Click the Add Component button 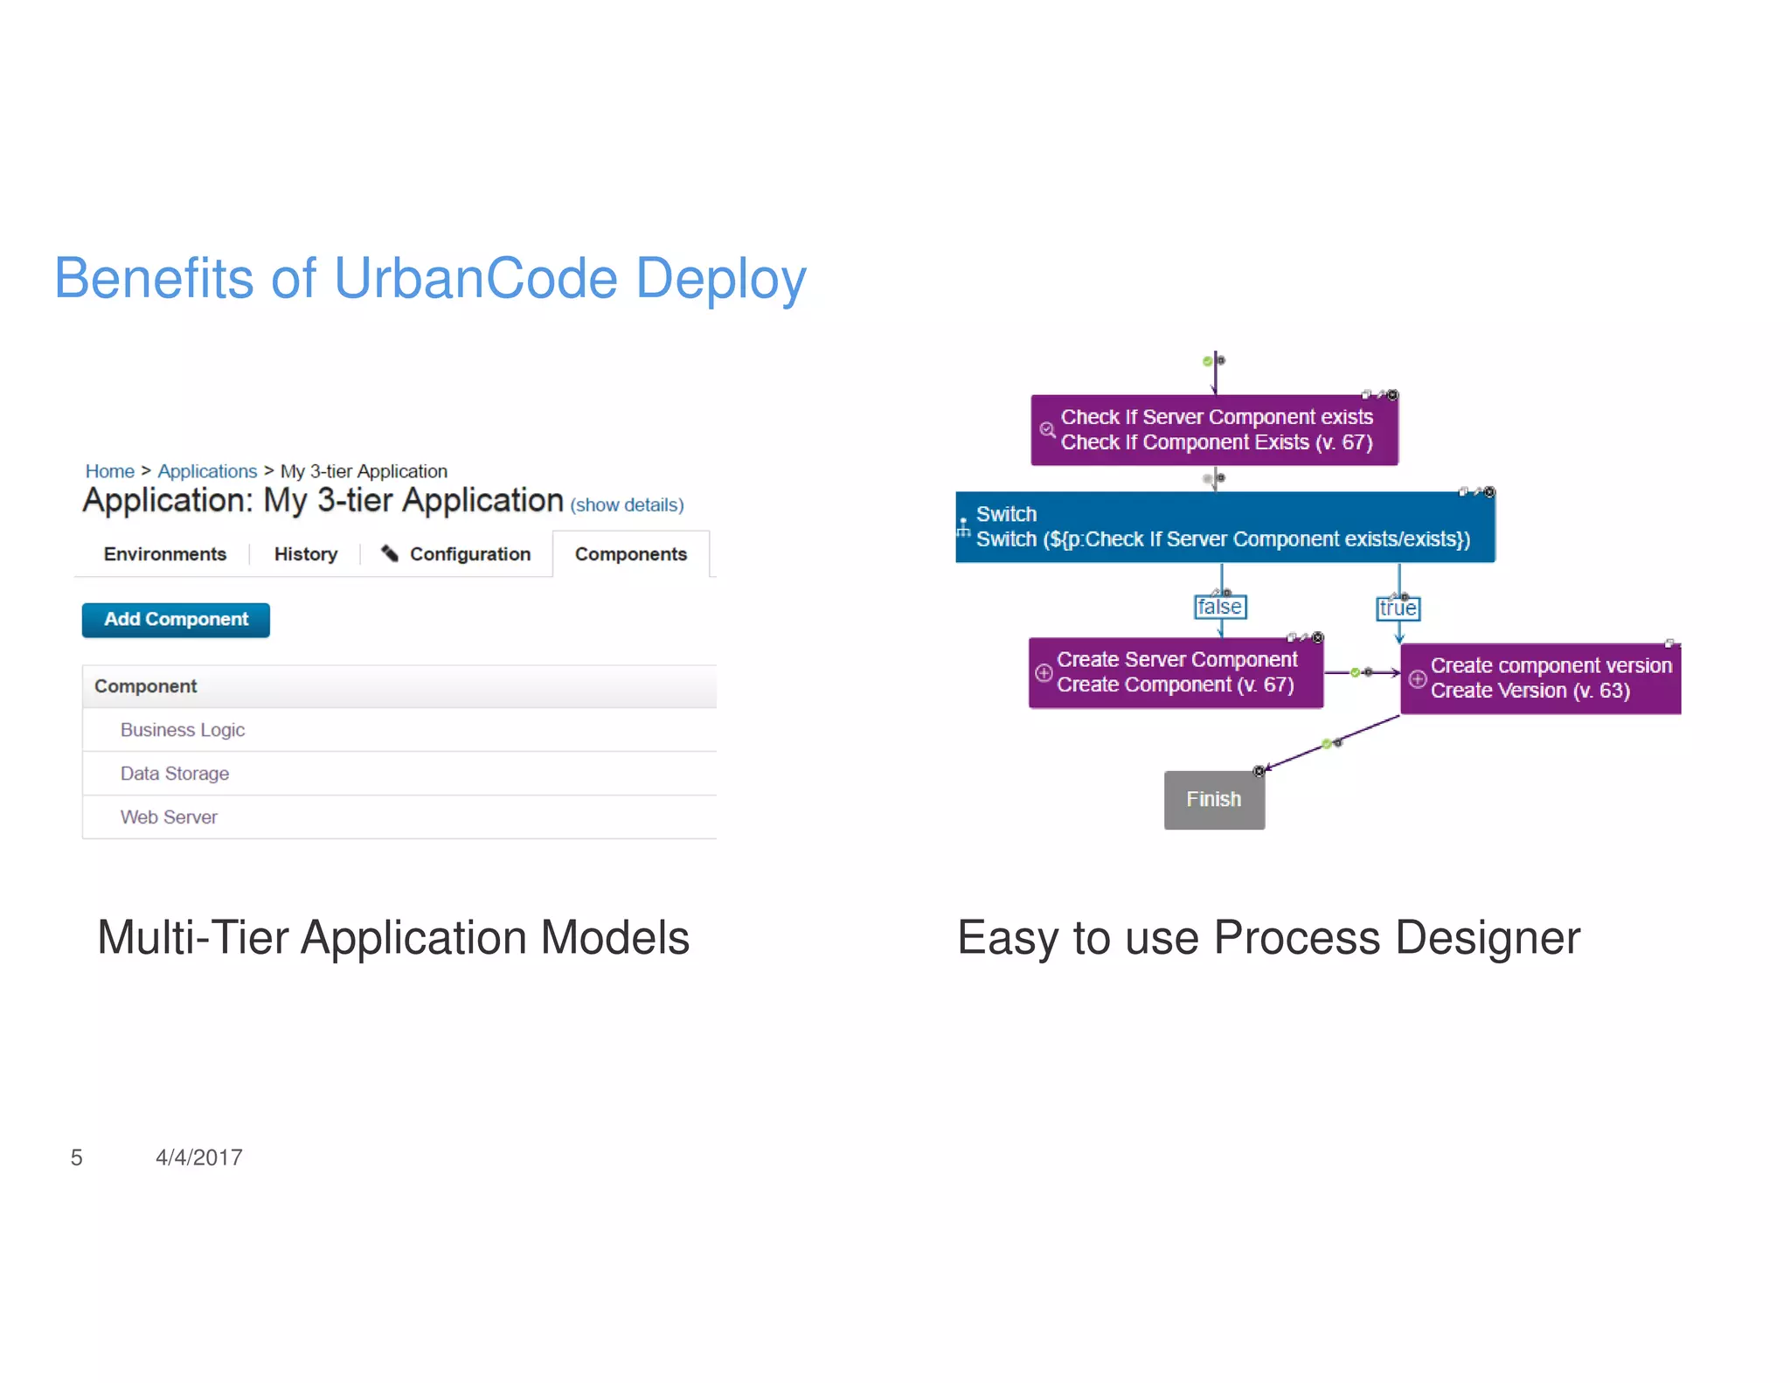pos(176,620)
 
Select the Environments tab pos(164,554)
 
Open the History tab pos(305,554)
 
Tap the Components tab pos(630,554)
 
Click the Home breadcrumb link pos(109,471)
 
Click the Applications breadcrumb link pos(207,471)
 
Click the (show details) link pos(627,505)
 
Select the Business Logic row pos(183,730)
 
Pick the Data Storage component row pos(175,774)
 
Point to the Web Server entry pos(169,817)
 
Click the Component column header pos(146,686)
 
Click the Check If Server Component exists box pos(1214,430)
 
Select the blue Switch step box pos(1225,527)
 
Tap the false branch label pos(1219,607)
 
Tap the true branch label pos(1398,608)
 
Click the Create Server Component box pos(1176,672)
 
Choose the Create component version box pos(1540,678)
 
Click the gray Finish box pos(1214,799)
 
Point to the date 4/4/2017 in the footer pos(199,1157)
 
